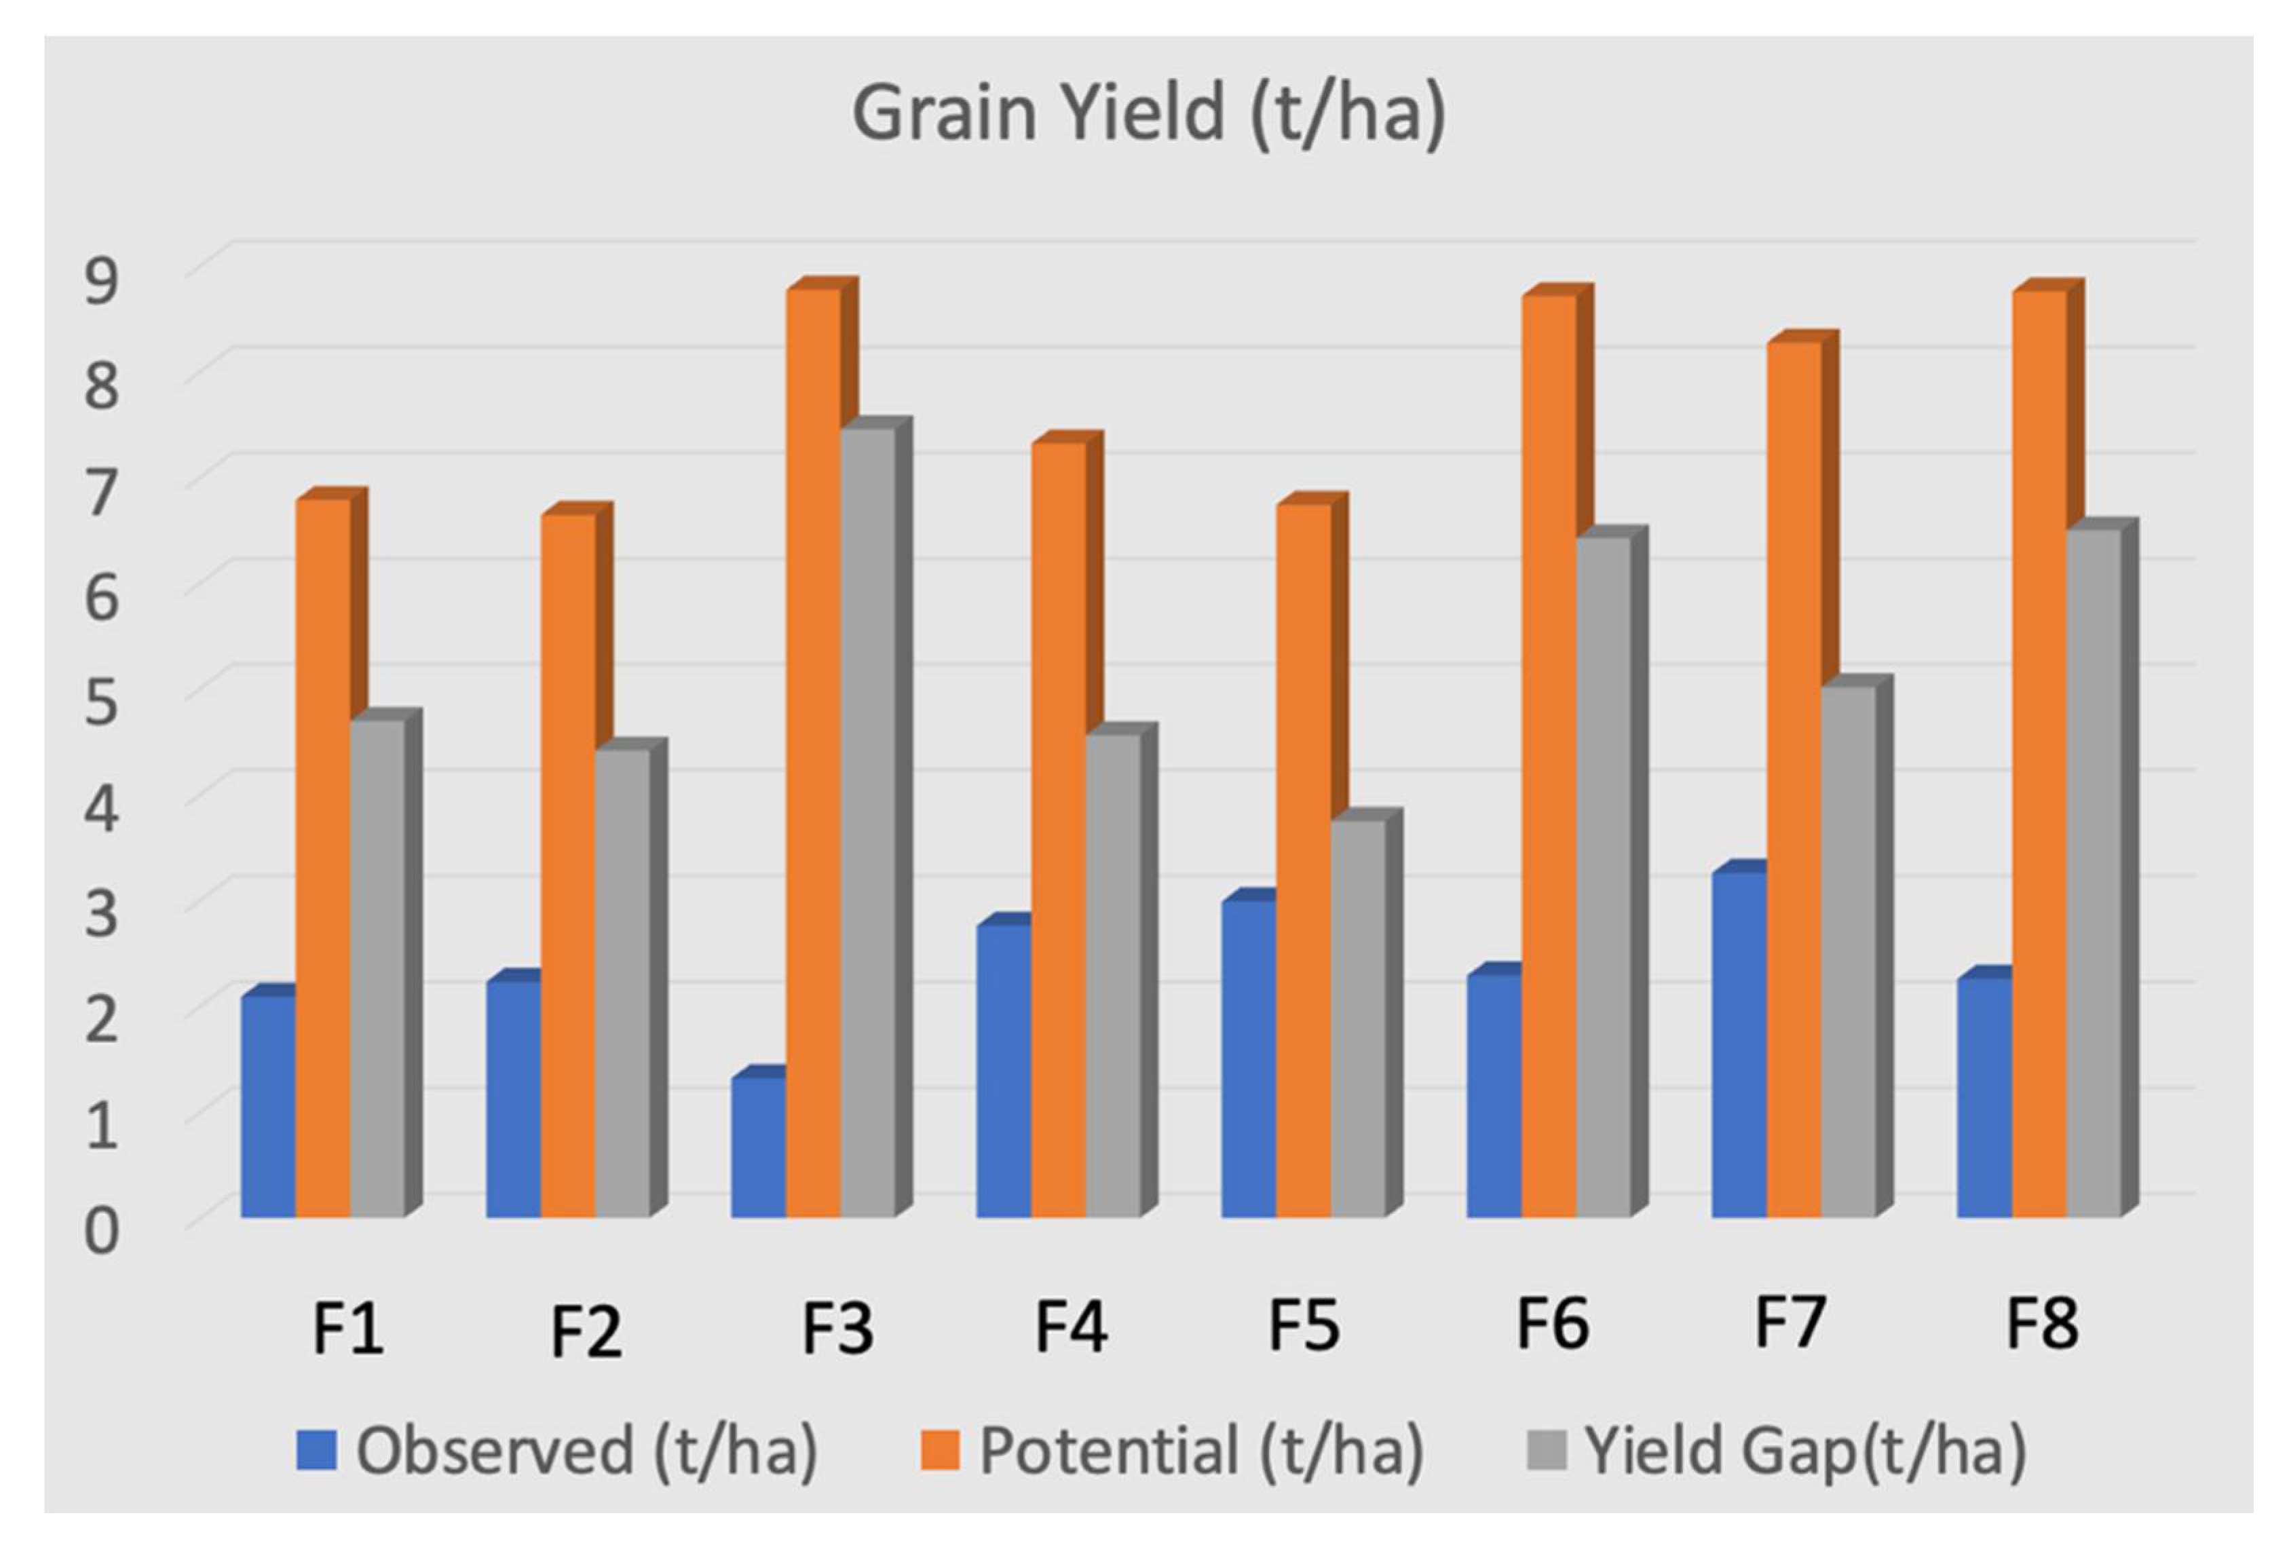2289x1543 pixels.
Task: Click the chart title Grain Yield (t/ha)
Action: [x=1148, y=114]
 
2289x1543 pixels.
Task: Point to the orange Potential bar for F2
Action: [x=568, y=866]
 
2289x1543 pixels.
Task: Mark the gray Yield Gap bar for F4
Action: [x=1113, y=976]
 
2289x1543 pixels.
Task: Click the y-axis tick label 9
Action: [x=101, y=280]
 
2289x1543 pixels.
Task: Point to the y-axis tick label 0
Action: [x=101, y=1231]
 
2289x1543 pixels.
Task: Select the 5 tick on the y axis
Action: [x=101, y=702]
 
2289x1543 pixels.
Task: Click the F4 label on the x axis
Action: [x=1071, y=1325]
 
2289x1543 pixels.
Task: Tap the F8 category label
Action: [x=2042, y=1325]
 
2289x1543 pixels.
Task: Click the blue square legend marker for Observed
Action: [x=317, y=1451]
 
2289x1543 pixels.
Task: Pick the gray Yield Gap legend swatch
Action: [x=1545, y=1451]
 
